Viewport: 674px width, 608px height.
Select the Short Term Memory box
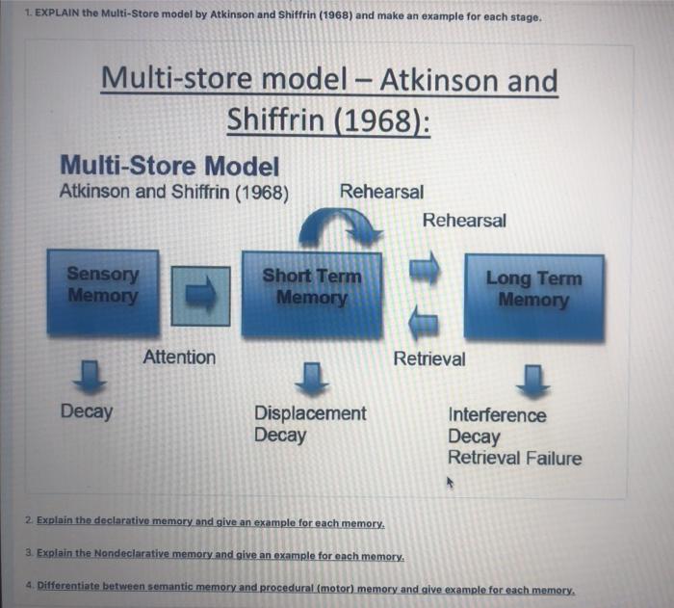(311, 292)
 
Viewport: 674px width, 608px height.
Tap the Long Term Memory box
(533, 295)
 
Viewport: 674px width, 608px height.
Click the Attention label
(179, 357)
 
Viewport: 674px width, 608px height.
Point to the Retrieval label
(429, 359)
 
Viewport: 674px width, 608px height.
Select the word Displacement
(310, 413)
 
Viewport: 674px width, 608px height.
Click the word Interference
(497, 415)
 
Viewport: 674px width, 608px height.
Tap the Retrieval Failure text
(515, 458)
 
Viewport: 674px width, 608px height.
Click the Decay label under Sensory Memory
(87, 412)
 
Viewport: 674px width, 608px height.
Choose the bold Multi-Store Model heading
(169, 166)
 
